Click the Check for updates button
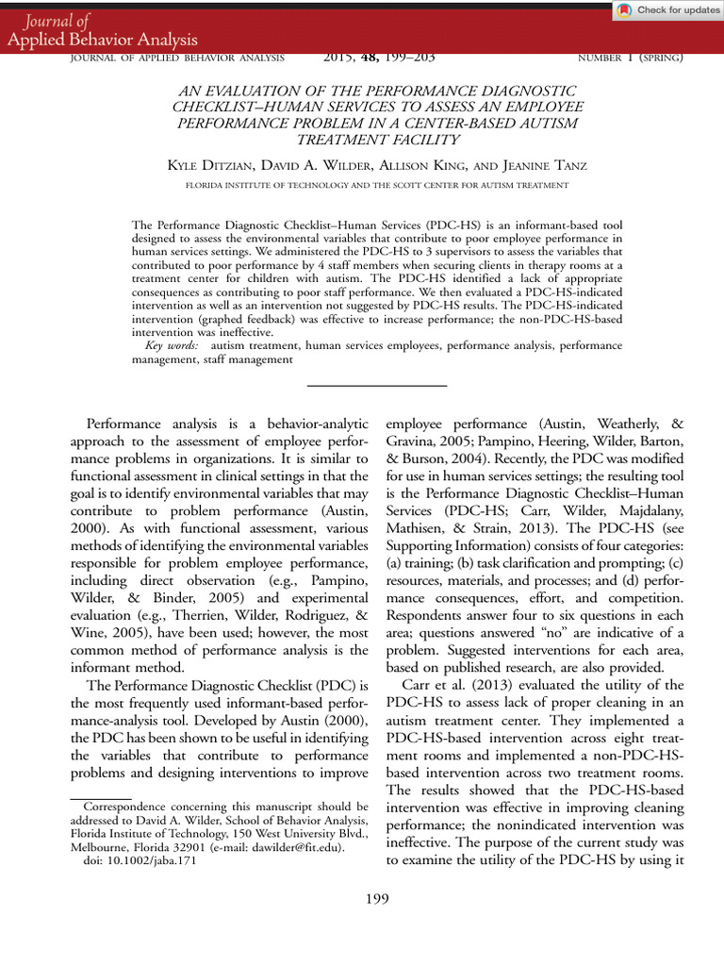pos(667,10)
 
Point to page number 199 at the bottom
pos(377,898)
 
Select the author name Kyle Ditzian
pos(207,166)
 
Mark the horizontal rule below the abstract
pos(377,386)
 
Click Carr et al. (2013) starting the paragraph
pos(446,684)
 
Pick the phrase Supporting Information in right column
pos(452,548)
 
